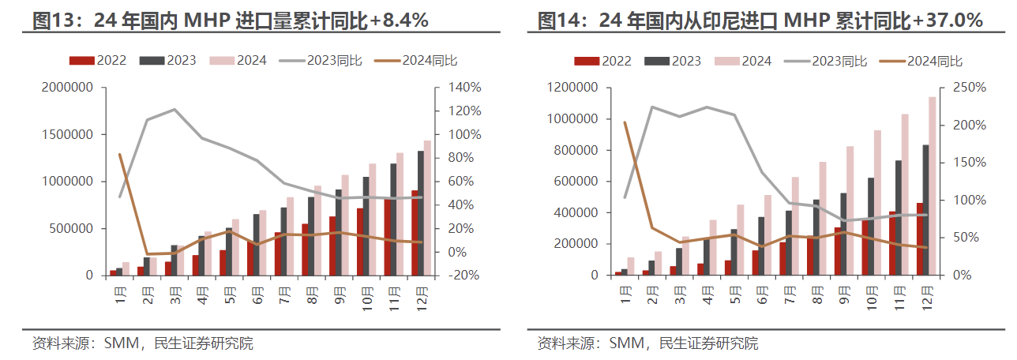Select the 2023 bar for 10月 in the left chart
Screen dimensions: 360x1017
(x=366, y=227)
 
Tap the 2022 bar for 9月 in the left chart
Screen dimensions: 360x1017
(x=333, y=246)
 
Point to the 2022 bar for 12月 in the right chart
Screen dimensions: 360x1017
(x=920, y=239)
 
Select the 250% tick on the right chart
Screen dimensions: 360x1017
(x=968, y=88)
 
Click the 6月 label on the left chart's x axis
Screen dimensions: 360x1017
(x=257, y=294)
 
